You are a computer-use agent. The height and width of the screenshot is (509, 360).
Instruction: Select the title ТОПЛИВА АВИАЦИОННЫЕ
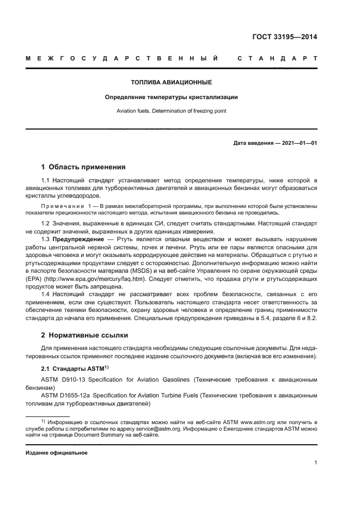[171, 83]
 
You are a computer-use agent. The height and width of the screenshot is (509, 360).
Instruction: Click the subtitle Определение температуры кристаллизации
[171, 97]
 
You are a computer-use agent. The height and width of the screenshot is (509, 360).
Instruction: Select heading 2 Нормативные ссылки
[86, 335]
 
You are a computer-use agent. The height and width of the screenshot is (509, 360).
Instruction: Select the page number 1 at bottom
[315, 463]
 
